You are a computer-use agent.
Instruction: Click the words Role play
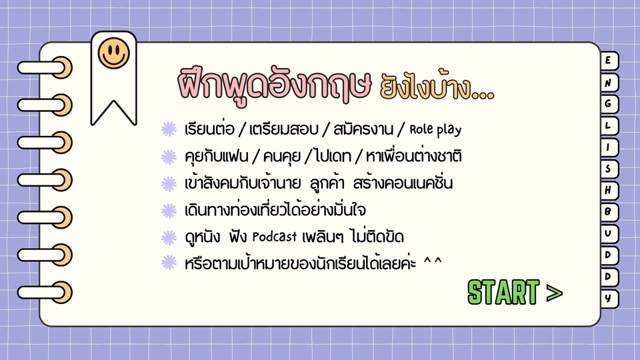pos(435,129)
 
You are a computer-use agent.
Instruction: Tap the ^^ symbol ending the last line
pos(433,263)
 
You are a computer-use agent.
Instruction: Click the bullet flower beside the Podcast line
pos(169,237)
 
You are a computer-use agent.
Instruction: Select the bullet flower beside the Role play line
pos(169,129)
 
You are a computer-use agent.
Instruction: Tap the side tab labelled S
pos(609,169)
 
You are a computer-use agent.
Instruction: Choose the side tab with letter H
pos(609,191)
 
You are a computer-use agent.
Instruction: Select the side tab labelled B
pos(609,212)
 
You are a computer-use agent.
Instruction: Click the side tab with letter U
pos(609,234)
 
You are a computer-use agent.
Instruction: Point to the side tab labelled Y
pos(609,299)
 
